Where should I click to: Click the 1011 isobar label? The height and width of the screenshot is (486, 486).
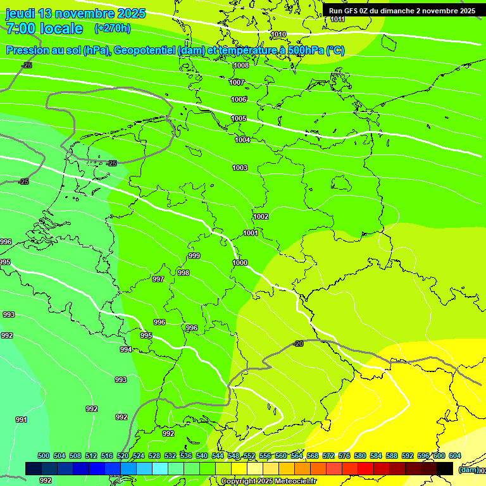pos(338,20)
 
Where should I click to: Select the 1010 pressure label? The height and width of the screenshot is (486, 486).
pos(278,35)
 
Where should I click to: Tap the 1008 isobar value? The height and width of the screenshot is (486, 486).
pos(240,66)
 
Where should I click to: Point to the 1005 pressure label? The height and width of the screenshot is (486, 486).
pos(239,119)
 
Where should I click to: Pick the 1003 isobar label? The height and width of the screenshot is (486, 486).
pos(240,168)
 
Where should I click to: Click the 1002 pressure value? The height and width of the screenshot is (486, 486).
pos(261,217)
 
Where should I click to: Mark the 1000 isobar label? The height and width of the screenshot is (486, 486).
pos(240,263)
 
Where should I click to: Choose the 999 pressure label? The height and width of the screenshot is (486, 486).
pos(194,256)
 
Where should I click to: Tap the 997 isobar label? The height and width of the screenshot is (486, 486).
pos(158,280)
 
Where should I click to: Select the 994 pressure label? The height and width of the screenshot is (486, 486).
pos(126,350)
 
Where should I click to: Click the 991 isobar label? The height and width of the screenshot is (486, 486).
pos(21,420)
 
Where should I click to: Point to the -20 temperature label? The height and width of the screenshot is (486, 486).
pos(298,344)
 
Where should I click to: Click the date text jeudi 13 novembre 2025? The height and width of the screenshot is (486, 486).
pos(75,13)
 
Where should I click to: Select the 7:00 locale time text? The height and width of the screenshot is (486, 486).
pos(44,28)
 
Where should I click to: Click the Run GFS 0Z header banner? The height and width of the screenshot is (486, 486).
pos(402,11)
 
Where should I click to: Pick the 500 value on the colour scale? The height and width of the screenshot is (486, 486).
pos(44,456)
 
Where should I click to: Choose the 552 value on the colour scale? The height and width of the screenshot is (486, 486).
pos(249,456)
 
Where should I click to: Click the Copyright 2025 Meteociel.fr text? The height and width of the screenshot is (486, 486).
pos(269,482)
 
